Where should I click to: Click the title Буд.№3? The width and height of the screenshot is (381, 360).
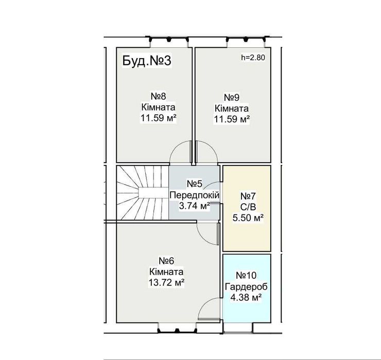[x=147, y=61]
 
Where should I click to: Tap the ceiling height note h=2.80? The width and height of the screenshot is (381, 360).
[x=253, y=58]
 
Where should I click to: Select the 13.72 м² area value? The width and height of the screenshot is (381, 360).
[x=166, y=282]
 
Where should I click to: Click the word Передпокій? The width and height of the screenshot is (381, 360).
[x=195, y=195]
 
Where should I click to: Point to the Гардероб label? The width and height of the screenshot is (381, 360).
[x=246, y=286]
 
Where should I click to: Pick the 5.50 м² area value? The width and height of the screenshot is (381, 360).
[x=248, y=218]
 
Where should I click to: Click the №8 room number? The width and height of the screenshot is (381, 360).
[x=158, y=96]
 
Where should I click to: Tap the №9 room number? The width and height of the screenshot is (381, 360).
[x=232, y=97]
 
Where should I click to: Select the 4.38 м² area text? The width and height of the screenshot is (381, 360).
[x=246, y=297]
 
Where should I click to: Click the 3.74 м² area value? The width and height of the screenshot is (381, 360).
[x=195, y=206]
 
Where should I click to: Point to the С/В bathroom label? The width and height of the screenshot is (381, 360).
[x=248, y=207]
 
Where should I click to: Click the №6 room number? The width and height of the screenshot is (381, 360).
[x=166, y=261]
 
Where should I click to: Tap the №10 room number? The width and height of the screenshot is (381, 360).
[x=246, y=275]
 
